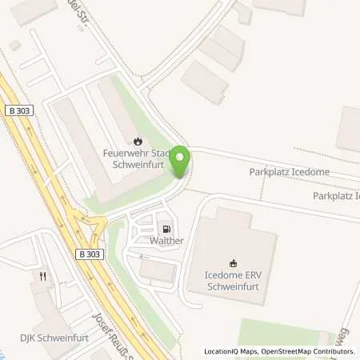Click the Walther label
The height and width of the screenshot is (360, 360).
[166, 241]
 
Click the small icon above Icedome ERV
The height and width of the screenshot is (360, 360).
[233, 262]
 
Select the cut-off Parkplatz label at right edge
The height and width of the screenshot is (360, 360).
[336, 195]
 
